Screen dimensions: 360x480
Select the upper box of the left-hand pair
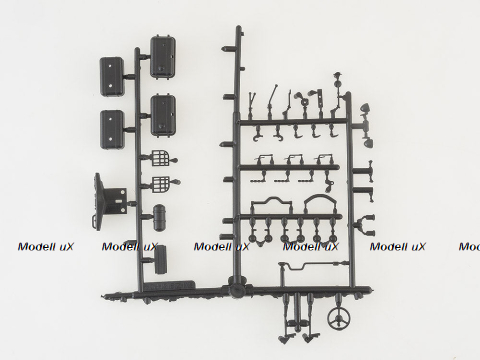click(x=112, y=75)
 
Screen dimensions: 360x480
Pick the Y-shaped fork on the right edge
click(x=368, y=223)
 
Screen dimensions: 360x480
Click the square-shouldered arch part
click(x=268, y=207)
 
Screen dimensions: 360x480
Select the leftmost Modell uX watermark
click(x=39, y=246)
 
